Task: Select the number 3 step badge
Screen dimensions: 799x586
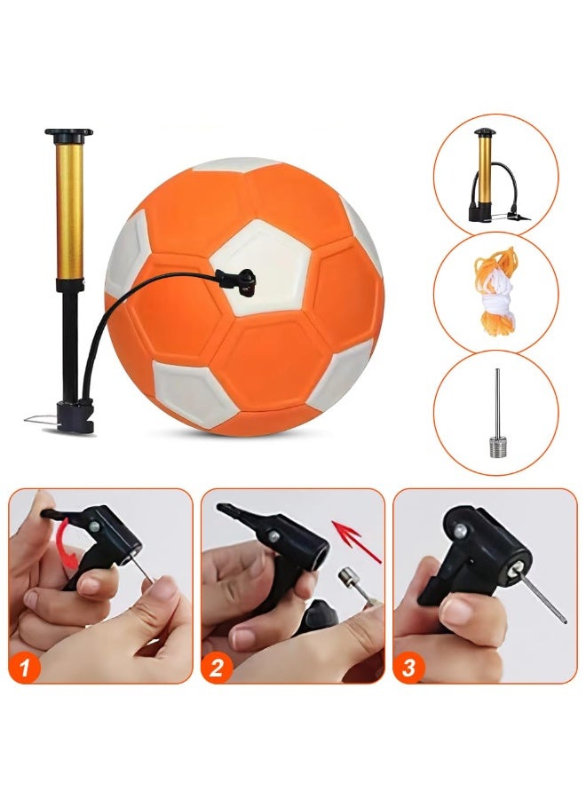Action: point(408,668)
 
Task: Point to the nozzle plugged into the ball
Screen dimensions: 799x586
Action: point(240,281)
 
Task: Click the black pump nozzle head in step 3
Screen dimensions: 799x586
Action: point(484,550)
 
